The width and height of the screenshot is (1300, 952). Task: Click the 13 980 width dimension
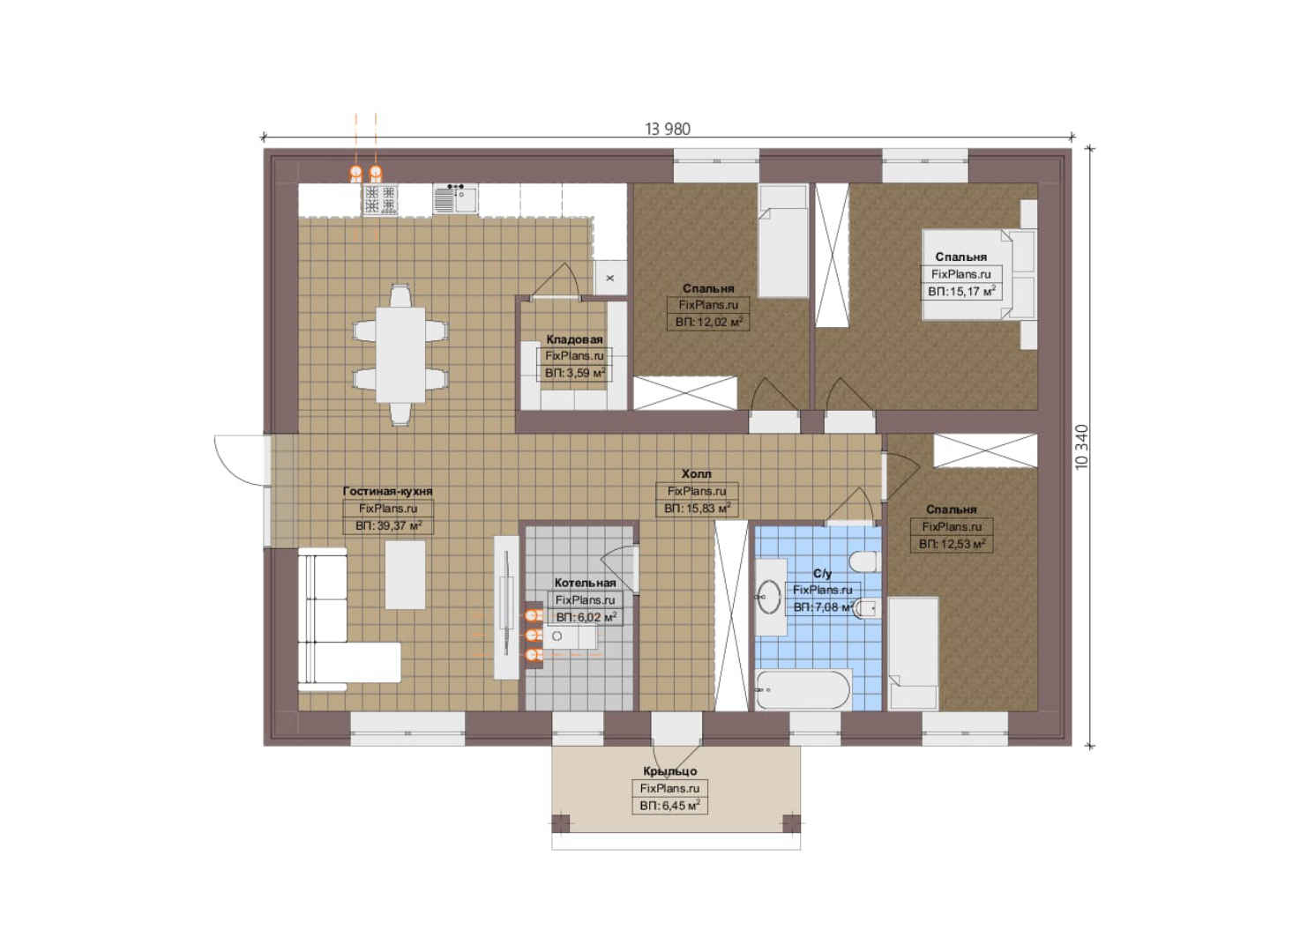pos(668,129)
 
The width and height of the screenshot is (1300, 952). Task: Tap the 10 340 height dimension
pos(1082,447)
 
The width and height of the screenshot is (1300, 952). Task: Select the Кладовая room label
pos(574,339)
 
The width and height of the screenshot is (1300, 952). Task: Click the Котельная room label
pos(585,583)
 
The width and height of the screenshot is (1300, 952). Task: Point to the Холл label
pos(697,473)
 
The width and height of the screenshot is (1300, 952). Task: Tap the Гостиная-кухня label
pos(388,491)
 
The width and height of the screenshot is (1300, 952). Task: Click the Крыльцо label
pos(669,771)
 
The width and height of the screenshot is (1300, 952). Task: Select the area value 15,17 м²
pos(961,291)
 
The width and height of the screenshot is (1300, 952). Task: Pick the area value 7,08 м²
pos(823,606)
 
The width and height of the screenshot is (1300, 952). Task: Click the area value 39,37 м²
pos(388,526)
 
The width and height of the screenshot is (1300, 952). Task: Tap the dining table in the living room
pos(400,354)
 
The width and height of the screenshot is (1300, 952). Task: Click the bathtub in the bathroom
pos(803,690)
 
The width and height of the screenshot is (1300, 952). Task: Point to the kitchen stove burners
pos(381,199)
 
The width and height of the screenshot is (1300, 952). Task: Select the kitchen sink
pos(456,199)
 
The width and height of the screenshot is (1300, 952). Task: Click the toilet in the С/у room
pos(864,562)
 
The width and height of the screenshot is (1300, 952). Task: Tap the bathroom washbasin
pos(770,597)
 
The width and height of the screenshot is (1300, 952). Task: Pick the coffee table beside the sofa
pos(405,575)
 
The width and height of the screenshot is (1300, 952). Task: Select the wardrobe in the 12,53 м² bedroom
pos(985,450)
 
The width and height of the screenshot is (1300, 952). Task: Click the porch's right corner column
pos(792,823)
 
